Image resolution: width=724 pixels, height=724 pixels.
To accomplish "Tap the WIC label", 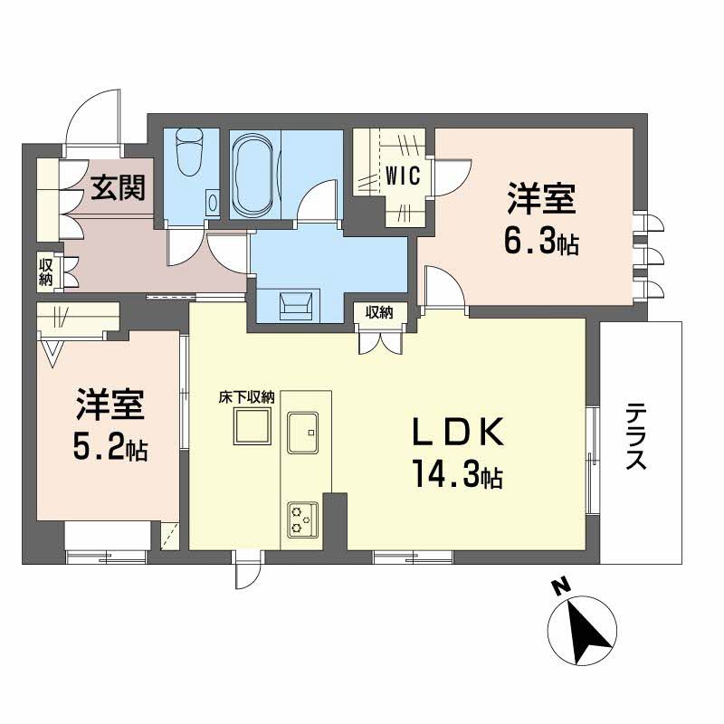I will [x=403, y=176].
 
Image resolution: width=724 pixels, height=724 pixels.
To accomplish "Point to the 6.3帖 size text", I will [x=542, y=243].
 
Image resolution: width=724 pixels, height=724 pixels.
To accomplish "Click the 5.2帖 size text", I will [x=111, y=447].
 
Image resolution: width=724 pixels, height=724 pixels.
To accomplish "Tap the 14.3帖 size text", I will [x=459, y=473].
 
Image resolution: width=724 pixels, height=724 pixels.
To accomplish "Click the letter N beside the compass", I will [x=561, y=588].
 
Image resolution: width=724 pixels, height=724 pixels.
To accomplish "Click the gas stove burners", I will [x=300, y=518].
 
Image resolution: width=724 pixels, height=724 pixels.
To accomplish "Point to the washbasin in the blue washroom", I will [x=297, y=305].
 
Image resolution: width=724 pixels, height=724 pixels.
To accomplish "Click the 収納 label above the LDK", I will [x=380, y=313].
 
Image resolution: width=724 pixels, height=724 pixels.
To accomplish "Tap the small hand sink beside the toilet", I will [x=212, y=200].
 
